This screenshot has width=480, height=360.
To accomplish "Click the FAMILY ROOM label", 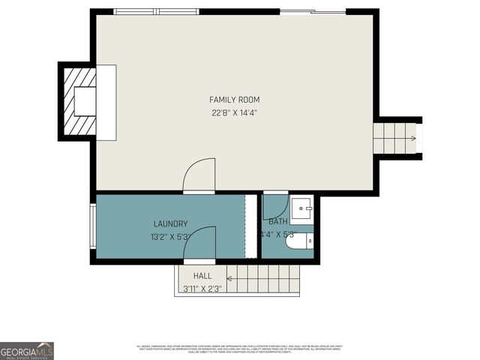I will coord(235,100).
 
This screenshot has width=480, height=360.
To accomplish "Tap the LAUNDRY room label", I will coord(170,223).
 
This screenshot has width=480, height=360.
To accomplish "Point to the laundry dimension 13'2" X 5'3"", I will coord(170,237).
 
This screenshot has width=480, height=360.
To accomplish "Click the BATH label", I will coord(278,221).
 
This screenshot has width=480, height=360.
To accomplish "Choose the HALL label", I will coord(202,276).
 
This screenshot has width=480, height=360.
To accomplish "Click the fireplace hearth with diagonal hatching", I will coord(78,101).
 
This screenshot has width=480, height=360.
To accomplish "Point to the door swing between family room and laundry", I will coord(199,175).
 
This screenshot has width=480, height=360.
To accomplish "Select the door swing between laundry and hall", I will coord(200,243).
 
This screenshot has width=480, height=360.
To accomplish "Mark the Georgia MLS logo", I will coord(27,350).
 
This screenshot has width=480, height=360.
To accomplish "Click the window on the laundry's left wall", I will coord(92,226).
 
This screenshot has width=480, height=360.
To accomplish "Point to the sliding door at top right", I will coord(313,12).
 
